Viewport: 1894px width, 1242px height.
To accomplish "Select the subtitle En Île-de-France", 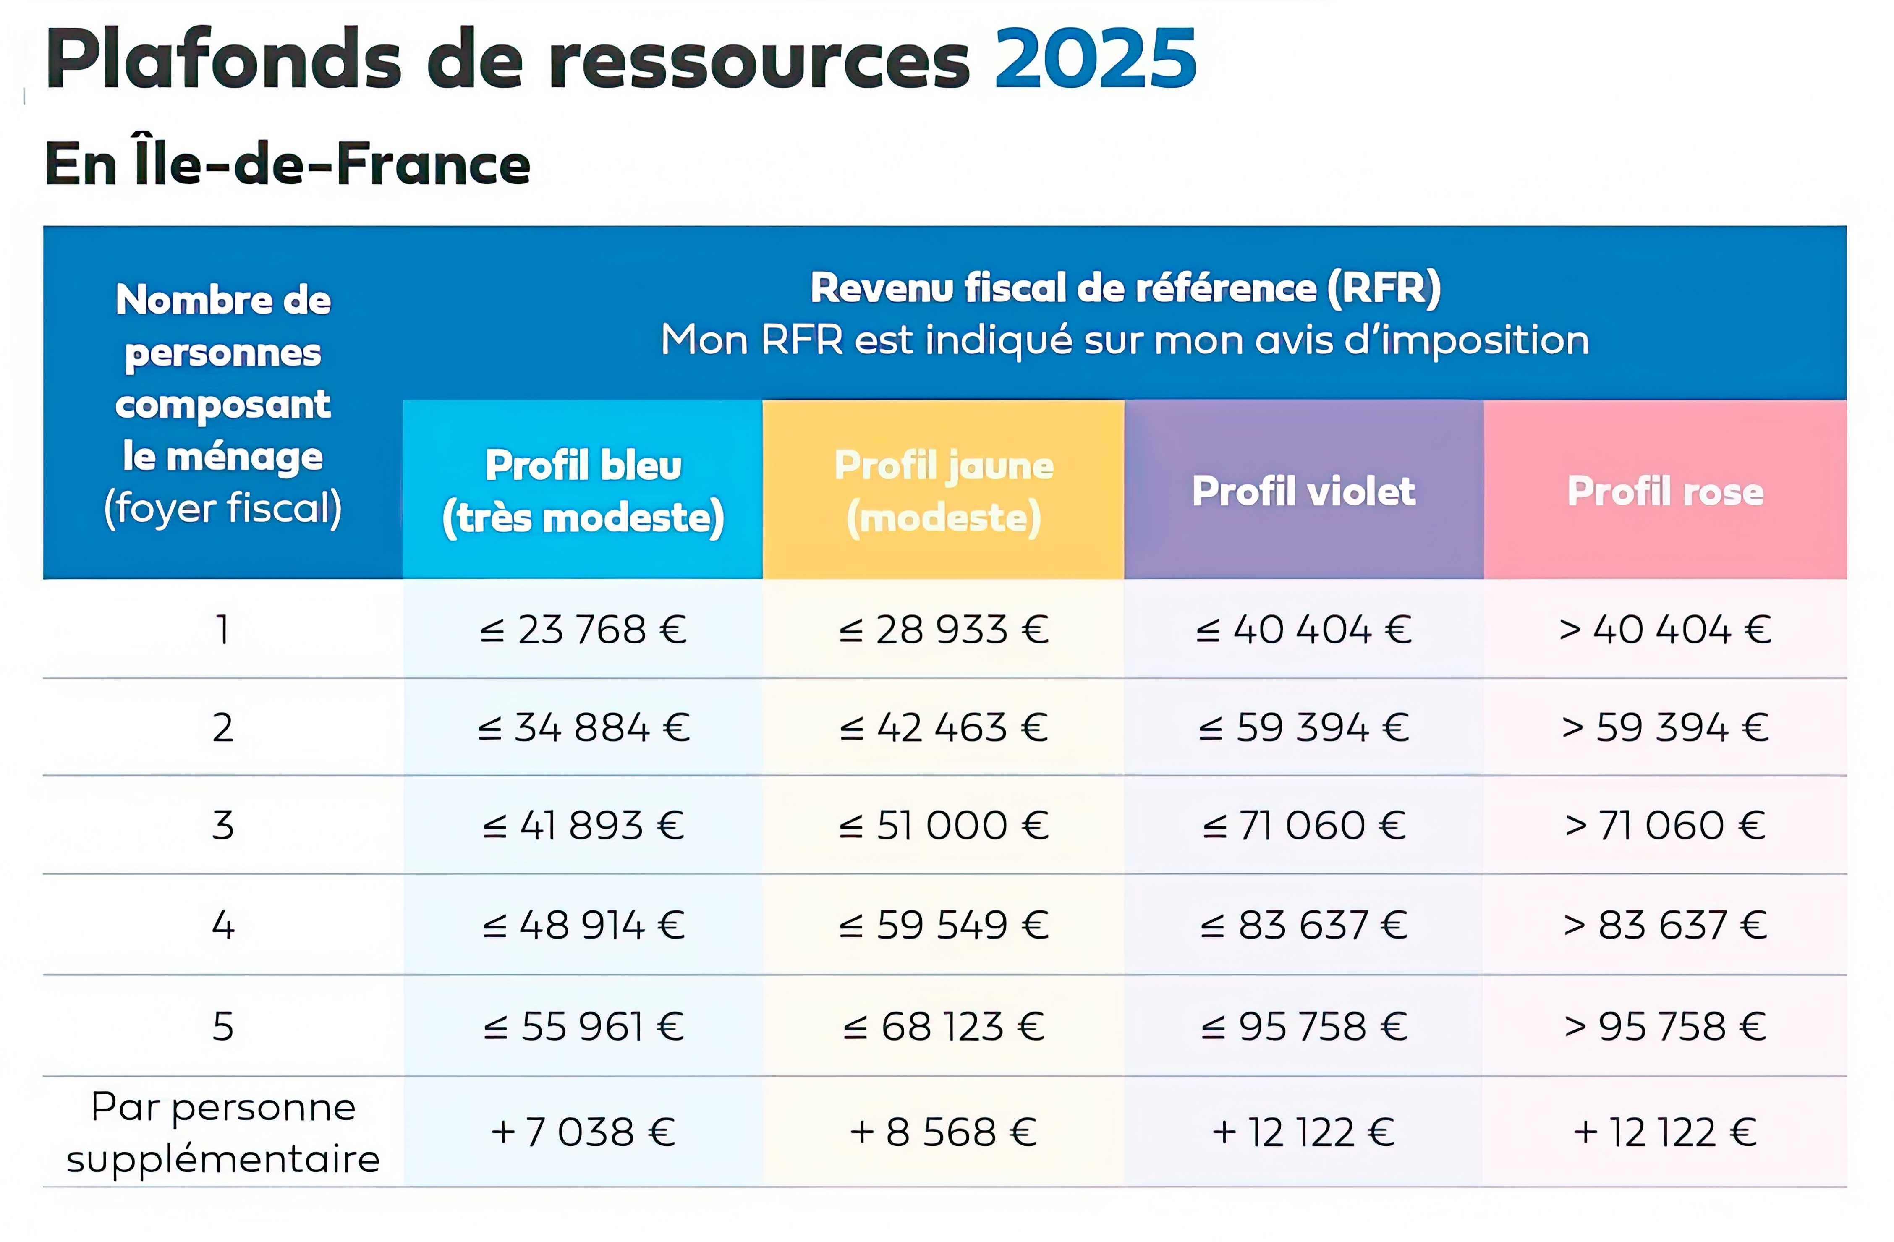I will tap(287, 164).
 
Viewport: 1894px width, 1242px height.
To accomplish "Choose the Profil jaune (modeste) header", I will tap(944, 491).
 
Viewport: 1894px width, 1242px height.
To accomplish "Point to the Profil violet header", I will tap(1303, 491).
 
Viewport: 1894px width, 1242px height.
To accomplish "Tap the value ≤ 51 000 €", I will tap(944, 825).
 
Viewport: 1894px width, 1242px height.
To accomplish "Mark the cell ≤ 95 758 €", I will tap(1303, 1025).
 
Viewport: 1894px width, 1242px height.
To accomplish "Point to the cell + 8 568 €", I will tap(944, 1132).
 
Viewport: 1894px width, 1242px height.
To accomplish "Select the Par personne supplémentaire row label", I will tap(223, 1132).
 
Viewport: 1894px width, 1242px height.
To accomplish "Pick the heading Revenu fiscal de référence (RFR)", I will tap(1125, 287).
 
